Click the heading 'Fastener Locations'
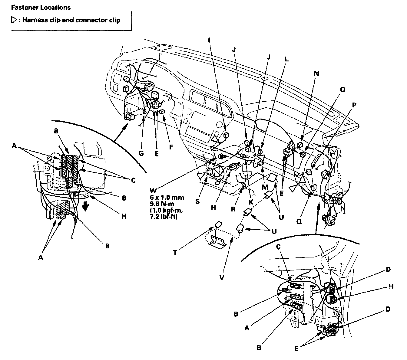tap(41, 8)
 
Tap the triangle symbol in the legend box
tap(14, 20)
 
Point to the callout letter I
tap(209, 40)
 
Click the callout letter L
tap(287, 59)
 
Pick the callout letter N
tap(316, 74)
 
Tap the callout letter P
tap(354, 105)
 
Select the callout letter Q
tap(299, 222)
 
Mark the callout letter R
tap(233, 209)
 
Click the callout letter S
tap(197, 201)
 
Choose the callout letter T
tap(175, 252)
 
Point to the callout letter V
tap(222, 278)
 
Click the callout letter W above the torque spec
tap(153, 190)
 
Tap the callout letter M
tap(265, 187)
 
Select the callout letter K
tap(251, 202)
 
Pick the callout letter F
tap(171, 147)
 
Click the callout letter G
tap(141, 153)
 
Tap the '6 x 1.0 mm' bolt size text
tap(167, 198)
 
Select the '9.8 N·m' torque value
tap(162, 204)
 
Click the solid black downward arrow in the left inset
tap(86, 207)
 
